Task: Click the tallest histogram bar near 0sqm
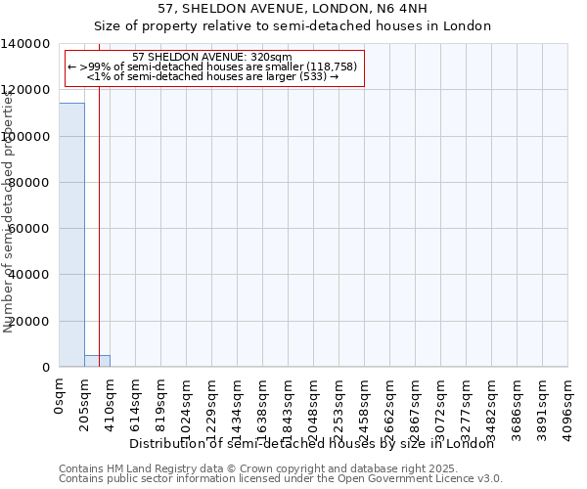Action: click(71, 235)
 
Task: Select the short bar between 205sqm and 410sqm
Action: click(97, 361)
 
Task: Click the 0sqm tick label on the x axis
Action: click(60, 397)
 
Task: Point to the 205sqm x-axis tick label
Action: click(85, 404)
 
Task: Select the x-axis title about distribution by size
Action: click(312, 443)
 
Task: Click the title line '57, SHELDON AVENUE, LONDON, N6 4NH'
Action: click(293, 9)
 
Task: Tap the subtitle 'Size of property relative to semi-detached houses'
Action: click(293, 26)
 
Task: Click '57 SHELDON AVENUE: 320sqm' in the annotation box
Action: click(211, 57)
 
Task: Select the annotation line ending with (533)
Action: click(212, 75)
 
